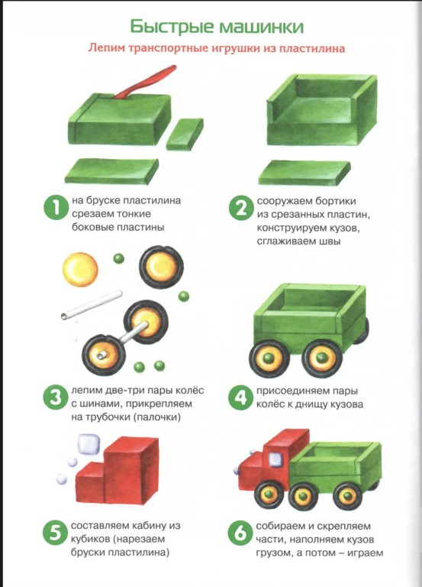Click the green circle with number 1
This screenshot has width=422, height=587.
[x=56, y=208]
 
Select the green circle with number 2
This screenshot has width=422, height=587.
[x=241, y=208]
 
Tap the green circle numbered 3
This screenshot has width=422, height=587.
[x=55, y=397]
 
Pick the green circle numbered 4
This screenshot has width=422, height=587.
[x=240, y=397]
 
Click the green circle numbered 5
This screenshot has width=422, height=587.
[x=55, y=532]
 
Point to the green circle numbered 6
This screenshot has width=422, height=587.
[x=240, y=532]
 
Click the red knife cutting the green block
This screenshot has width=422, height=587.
[x=146, y=83]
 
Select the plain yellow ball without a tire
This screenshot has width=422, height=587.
[x=80, y=270]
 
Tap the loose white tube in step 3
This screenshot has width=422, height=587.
[x=92, y=304]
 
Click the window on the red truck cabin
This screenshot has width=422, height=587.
[x=275, y=459]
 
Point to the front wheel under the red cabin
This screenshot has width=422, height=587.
[x=269, y=495]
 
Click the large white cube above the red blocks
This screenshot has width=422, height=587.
[x=89, y=444]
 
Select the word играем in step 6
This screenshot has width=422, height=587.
[x=366, y=553]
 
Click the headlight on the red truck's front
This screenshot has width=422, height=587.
[x=236, y=471]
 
